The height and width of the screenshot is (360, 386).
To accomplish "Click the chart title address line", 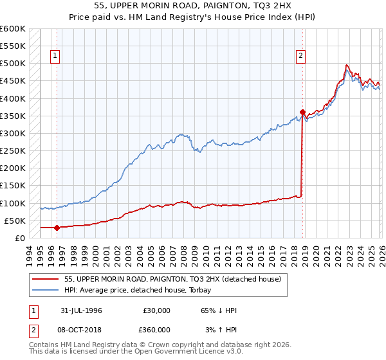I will [192, 6].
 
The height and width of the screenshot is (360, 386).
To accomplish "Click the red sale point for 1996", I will [57, 228].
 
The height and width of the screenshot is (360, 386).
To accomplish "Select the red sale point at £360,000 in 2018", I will [302, 112].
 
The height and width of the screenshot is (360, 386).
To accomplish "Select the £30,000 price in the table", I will [156, 310].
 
